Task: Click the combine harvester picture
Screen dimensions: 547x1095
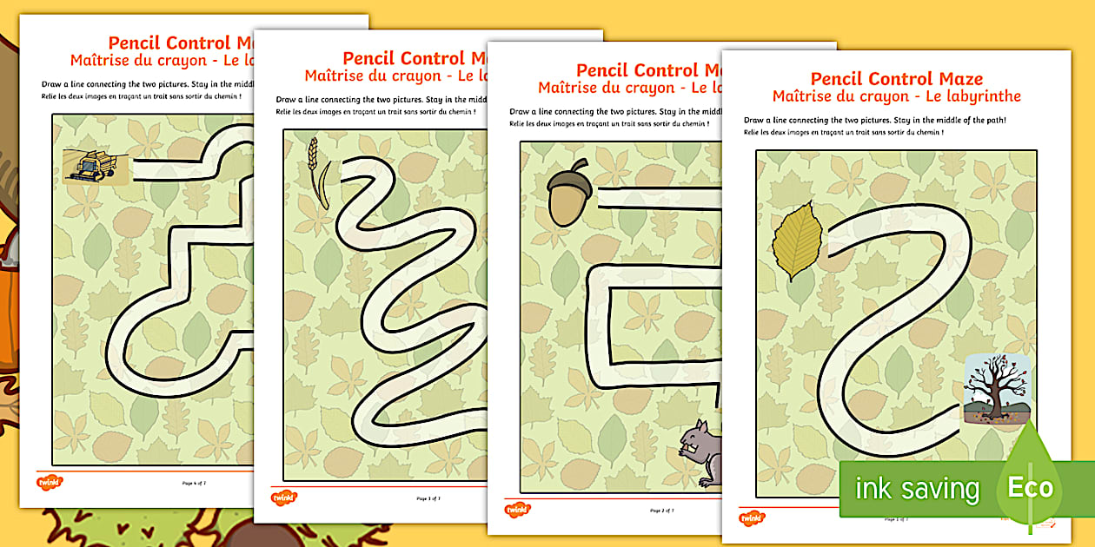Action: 90,166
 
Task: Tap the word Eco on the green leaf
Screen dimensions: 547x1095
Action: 1030,488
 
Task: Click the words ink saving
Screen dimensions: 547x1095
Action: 917,489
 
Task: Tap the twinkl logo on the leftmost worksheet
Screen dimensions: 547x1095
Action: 50,482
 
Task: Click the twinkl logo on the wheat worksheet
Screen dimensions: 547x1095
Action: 284,498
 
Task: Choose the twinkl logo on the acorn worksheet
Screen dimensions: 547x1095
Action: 518,510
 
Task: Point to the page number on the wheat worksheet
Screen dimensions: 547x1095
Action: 428,498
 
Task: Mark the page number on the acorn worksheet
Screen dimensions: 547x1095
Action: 661,511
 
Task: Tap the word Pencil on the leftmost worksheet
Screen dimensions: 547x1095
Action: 132,43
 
